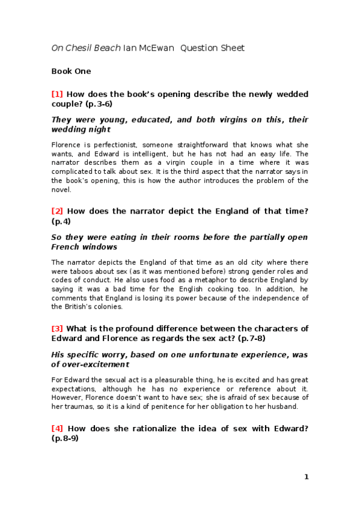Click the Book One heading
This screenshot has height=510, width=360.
71,72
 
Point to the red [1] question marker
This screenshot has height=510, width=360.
57,94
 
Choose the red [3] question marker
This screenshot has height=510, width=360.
57,328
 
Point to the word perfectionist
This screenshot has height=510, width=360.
102,145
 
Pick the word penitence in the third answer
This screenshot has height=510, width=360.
154,407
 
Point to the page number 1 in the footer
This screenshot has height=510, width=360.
306,477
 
